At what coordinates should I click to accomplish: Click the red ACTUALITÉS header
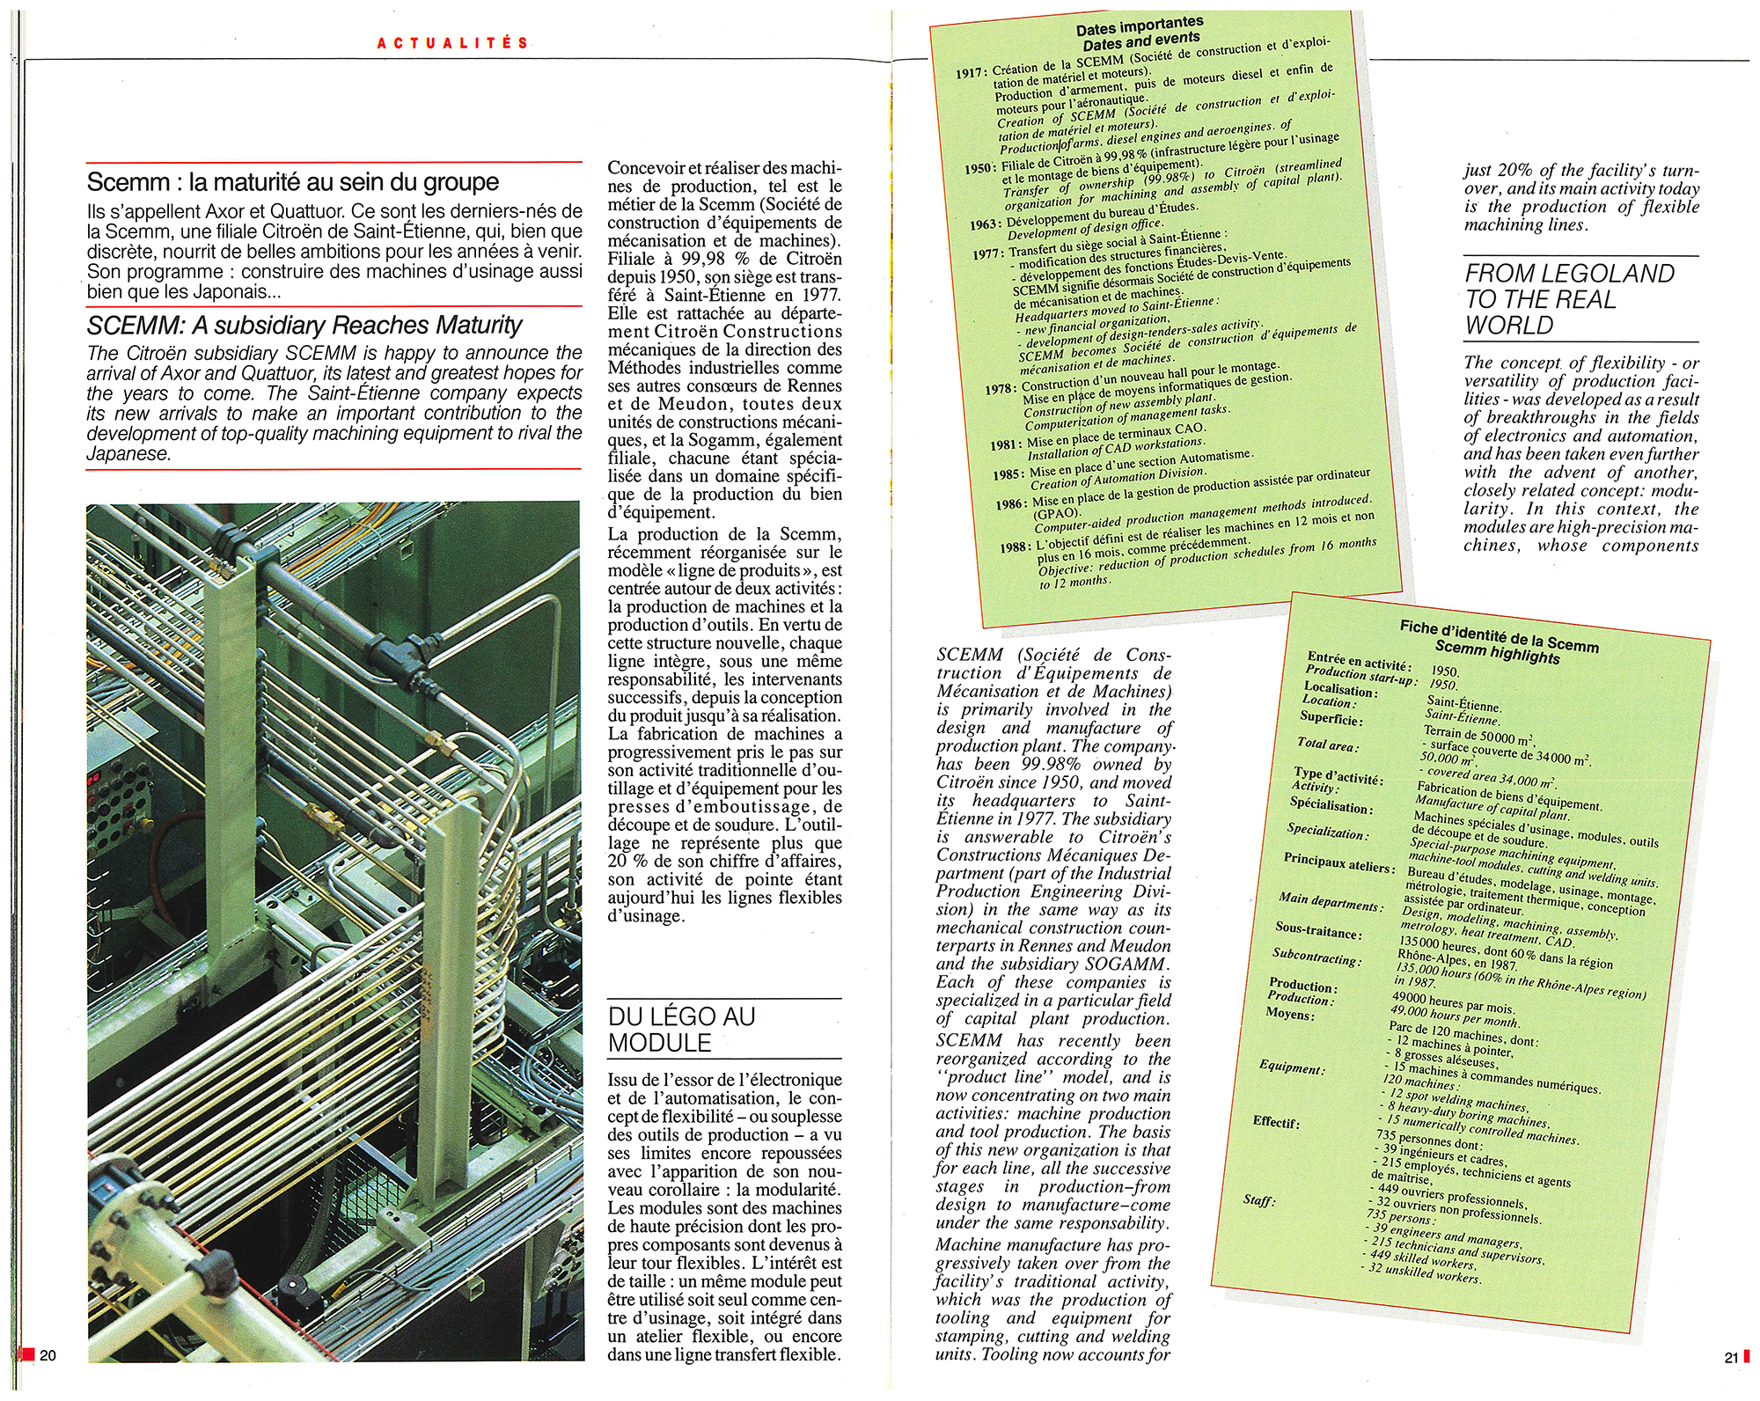click(x=453, y=43)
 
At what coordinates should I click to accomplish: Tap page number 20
click(x=48, y=1355)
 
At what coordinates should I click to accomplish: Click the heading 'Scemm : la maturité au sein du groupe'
click(x=292, y=182)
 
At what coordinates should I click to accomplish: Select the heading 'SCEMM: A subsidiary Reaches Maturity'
click(x=304, y=326)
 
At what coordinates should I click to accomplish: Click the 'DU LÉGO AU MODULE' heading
click(x=682, y=1030)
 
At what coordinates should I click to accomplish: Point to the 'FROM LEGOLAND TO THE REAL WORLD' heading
click(x=1570, y=299)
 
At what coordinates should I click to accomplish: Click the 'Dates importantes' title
click(x=1140, y=26)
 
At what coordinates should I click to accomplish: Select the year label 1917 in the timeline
click(x=971, y=73)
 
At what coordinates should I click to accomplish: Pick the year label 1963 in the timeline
click(x=986, y=224)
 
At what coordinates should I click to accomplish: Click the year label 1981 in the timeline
click(x=1006, y=445)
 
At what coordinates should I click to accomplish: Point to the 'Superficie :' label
click(x=1331, y=720)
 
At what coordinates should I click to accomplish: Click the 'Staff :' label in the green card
click(x=1259, y=1199)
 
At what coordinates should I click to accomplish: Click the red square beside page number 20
click(x=27, y=1354)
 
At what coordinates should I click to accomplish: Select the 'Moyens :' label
click(x=1290, y=1015)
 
